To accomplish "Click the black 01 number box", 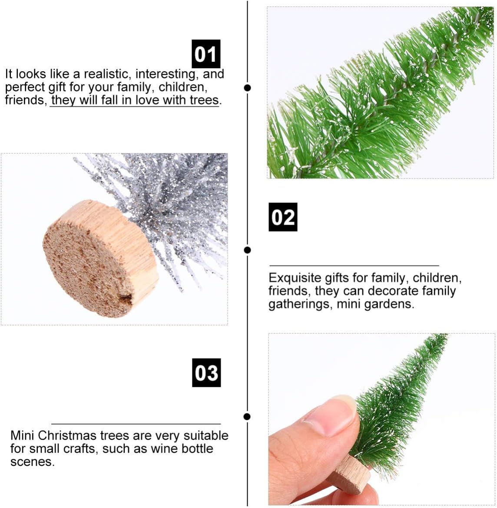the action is [x=206, y=54].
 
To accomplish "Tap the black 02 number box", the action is [x=283, y=217].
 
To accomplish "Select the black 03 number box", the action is [x=206, y=372].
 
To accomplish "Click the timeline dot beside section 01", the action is [x=248, y=88].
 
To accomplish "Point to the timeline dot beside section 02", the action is [x=248, y=250].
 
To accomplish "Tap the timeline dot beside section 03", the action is [x=247, y=417].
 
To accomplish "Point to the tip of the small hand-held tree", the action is [x=447, y=335].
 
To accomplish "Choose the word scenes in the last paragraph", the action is [x=33, y=462].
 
